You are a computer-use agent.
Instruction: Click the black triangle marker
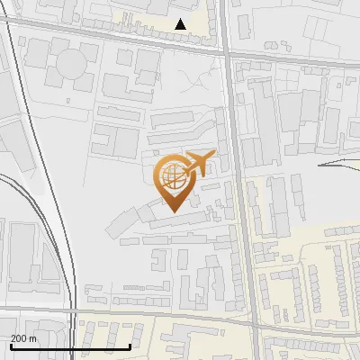click(x=182, y=24)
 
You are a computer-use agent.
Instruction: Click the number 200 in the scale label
click(x=19, y=338)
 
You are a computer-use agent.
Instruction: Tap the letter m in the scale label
click(x=33, y=338)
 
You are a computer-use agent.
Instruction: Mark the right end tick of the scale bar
click(x=130, y=346)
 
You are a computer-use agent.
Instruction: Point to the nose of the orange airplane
click(x=214, y=156)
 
